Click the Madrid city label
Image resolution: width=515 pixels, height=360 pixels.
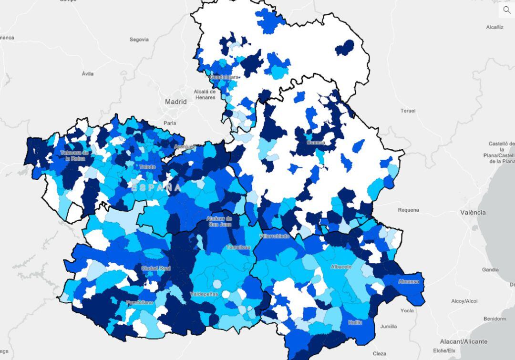[x=175, y=102]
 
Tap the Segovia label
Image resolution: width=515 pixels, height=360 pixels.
[x=139, y=40]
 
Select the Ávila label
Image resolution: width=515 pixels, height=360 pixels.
[x=88, y=74]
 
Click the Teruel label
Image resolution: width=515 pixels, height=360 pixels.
[x=408, y=111]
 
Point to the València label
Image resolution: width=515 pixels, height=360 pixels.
[x=473, y=212]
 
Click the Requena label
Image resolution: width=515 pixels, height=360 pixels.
[x=408, y=210]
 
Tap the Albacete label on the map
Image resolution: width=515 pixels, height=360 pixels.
[x=341, y=267]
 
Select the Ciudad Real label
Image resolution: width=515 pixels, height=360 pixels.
[x=155, y=268]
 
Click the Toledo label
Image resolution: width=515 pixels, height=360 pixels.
[x=147, y=167]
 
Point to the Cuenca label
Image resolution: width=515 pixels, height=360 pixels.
[x=316, y=143]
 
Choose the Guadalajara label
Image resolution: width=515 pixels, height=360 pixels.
[x=224, y=77]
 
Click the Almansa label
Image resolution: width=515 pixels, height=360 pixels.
[x=409, y=281]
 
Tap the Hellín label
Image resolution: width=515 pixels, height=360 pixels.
[x=354, y=322]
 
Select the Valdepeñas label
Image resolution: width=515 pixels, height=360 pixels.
[x=204, y=294]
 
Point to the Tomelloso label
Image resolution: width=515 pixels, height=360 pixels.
[x=238, y=247]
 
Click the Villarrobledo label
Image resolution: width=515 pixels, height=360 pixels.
[x=274, y=236]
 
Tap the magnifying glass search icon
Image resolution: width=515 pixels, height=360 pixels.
[x=506, y=10]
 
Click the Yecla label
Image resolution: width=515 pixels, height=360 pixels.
[x=407, y=310]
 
